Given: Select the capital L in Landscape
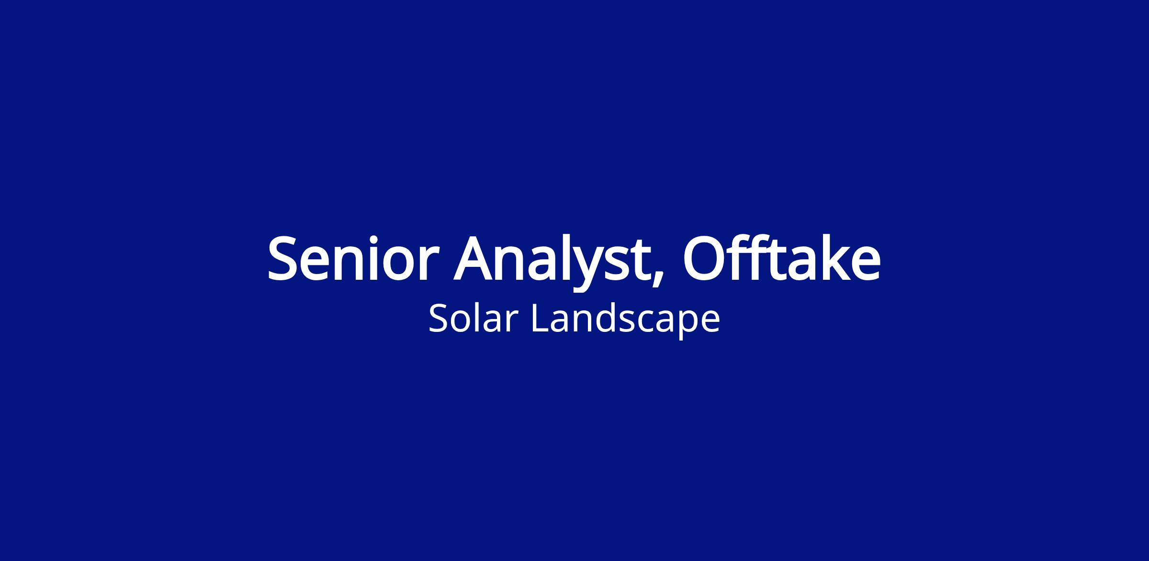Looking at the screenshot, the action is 541,318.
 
